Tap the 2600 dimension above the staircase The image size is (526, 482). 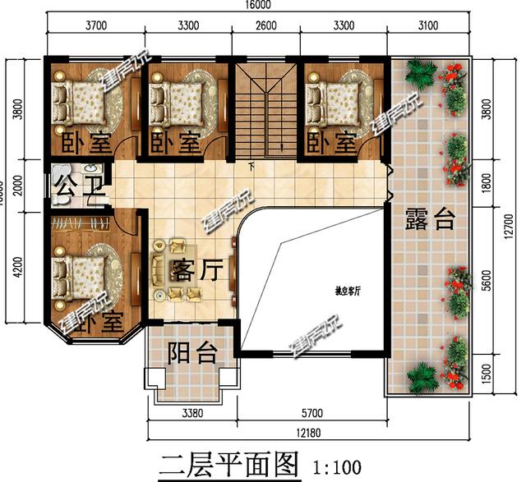(265, 25)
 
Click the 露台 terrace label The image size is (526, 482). (429, 219)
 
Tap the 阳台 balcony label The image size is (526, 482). (192, 354)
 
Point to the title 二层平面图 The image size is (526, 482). (227, 466)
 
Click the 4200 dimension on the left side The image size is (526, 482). (18, 269)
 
